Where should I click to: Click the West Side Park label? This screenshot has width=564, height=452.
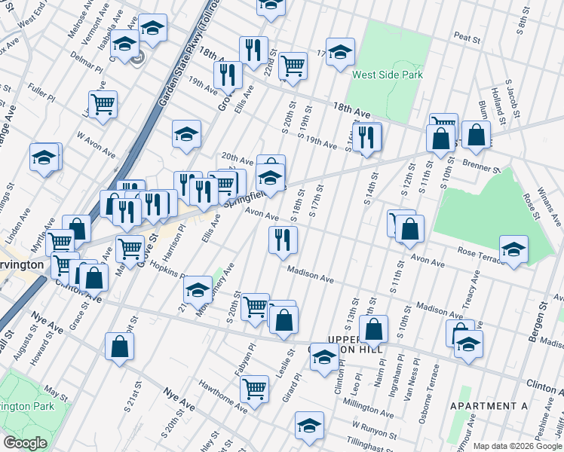point(388,75)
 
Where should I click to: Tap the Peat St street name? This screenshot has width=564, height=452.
point(467,36)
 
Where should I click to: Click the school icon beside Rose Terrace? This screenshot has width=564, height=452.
point(513,249)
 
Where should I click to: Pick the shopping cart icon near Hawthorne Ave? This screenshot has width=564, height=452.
point(255,388)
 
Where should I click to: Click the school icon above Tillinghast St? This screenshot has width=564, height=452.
point(308,425)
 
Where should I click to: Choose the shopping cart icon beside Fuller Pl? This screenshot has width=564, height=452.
point(103,103)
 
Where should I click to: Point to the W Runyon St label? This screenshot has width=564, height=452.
point(373,432)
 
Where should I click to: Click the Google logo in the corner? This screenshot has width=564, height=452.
point(25,442)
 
